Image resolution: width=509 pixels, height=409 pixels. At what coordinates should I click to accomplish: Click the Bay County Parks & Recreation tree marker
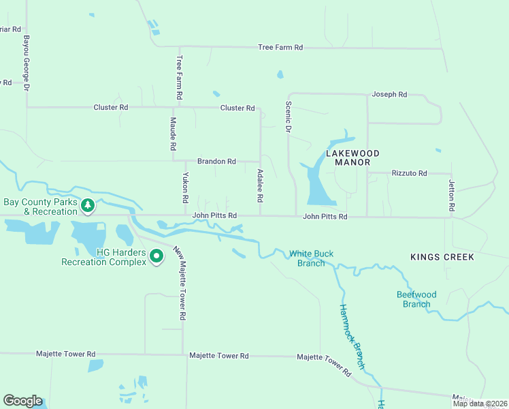pyautogui.click(x=87, y=204)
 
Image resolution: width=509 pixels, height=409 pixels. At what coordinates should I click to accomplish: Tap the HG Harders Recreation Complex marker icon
pyautogui.click(x=157, y=256)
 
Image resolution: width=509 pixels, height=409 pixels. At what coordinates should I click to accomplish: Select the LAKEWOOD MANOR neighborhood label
pyautogui.click(x=352, y=158)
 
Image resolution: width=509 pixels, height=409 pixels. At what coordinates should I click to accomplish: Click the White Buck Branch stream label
pyautogui.click(x=311, y=258)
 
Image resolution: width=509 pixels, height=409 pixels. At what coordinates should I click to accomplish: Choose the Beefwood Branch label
pyautogui.click(x=416, y=299)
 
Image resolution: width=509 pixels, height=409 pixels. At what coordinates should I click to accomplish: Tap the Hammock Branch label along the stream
pyautogui.click(x=352, y=337)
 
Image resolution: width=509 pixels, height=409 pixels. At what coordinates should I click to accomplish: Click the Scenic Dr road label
pyautogui.click(x=288, y=118)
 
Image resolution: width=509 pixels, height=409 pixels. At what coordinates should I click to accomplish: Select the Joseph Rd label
pyautogui.click(x=389, y=94)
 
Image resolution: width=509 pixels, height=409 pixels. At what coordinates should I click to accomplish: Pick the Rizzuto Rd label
pyautogui.click(x=409, y=174)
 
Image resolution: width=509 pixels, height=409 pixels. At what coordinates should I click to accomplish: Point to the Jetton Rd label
pyautogui.click(x=450, y=195)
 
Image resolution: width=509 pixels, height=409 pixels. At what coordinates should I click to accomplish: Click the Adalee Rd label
pyautogui.click(x=259, y=185)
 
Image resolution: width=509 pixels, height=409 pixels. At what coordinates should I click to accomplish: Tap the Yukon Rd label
pyautogui.click(x=184, y=187)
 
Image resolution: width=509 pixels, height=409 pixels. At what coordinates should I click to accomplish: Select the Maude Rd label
pyautogui.click(x=173, y=134)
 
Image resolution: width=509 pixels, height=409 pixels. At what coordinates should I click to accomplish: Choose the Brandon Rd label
pyautogui.click(x=216, y=162)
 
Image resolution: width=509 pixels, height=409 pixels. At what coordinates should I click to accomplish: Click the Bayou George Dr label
pyautogui.click(x=27, y=64)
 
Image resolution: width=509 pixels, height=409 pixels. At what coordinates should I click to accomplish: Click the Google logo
pyautogui.click(x=22, y=401)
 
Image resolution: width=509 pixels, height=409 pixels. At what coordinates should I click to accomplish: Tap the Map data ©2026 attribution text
pyautogui.click(x=479, y=404)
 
